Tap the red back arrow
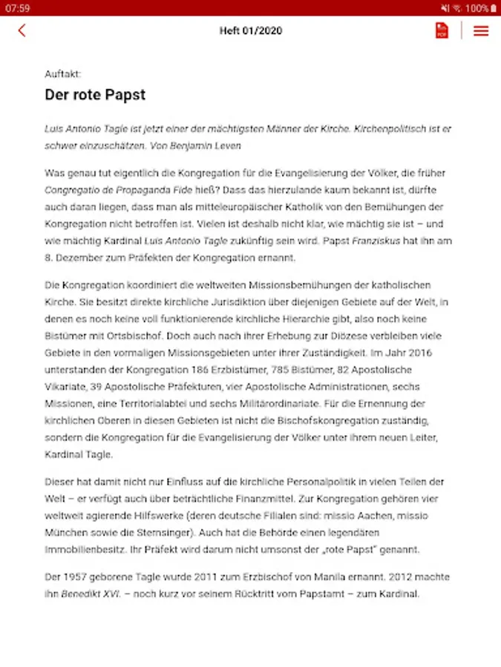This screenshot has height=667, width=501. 22,30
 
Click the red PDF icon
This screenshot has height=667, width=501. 442,30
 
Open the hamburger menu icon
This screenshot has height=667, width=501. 481,30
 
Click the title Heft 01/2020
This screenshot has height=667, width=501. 250,30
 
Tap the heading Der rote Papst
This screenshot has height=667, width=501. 95,95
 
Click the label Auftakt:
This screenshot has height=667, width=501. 63,74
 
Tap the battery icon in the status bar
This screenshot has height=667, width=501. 493,7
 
